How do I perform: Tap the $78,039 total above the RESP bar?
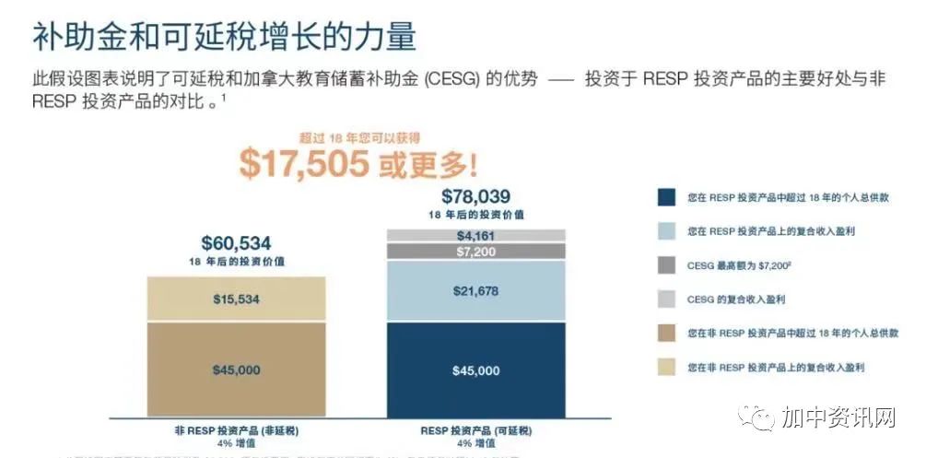(475, 196)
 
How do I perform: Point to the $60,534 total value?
(236, 243)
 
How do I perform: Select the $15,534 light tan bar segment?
(236, 299)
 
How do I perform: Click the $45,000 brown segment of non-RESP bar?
(236, 370)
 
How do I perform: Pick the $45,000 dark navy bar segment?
(475, 370)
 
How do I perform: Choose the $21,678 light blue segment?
(475, 291)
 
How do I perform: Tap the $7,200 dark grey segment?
(475, 251)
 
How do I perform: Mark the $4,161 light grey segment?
(475, 236)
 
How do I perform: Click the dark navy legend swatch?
(667, 197)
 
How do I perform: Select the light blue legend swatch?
(667, 231)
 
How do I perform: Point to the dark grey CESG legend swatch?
(667, 265)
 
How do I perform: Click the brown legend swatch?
(667, 334)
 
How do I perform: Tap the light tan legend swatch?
(667, 368)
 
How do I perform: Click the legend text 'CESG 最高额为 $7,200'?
(737, 265)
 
